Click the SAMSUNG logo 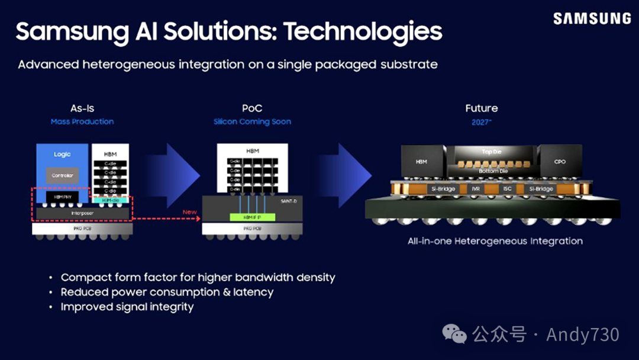592,19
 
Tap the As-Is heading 82,108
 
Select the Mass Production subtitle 82,122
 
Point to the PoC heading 252,108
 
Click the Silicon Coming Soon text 252,122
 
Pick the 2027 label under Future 481,122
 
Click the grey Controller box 62,175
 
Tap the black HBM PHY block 62,196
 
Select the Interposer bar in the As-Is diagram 82,212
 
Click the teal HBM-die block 111,201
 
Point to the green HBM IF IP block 252,217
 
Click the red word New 190,212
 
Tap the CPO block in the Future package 560,161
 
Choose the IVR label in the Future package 475,189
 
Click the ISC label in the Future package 506,189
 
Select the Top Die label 491,152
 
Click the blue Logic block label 62,155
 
